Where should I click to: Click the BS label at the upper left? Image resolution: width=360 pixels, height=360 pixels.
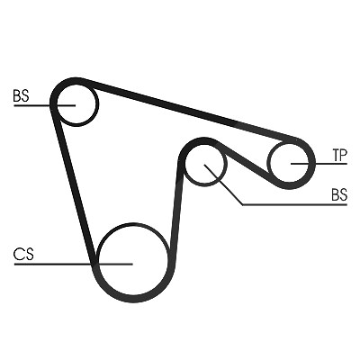tap(21, 95)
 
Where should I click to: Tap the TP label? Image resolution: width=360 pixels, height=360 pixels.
tap(339, 156)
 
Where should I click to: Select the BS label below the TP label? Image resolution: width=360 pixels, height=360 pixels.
tap(339, 194)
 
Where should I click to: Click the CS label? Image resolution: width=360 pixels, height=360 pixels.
tap(23, 255)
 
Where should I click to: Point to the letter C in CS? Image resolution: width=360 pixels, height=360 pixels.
tap(19, 255)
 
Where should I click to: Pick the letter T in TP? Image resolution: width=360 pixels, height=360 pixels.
tap(336, 156)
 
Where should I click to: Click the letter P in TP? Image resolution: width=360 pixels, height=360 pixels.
tap(344, 156)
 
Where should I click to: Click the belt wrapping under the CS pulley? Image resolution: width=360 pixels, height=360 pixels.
tap(133, 298)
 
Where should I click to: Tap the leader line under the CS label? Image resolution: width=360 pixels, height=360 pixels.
tap(74, 265)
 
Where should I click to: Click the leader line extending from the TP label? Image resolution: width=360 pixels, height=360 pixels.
tap(319, 164)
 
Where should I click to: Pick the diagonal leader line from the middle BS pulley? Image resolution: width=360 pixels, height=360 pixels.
tap(223, 184)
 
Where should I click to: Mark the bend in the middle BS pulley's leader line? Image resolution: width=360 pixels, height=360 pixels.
tap(243, 205)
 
